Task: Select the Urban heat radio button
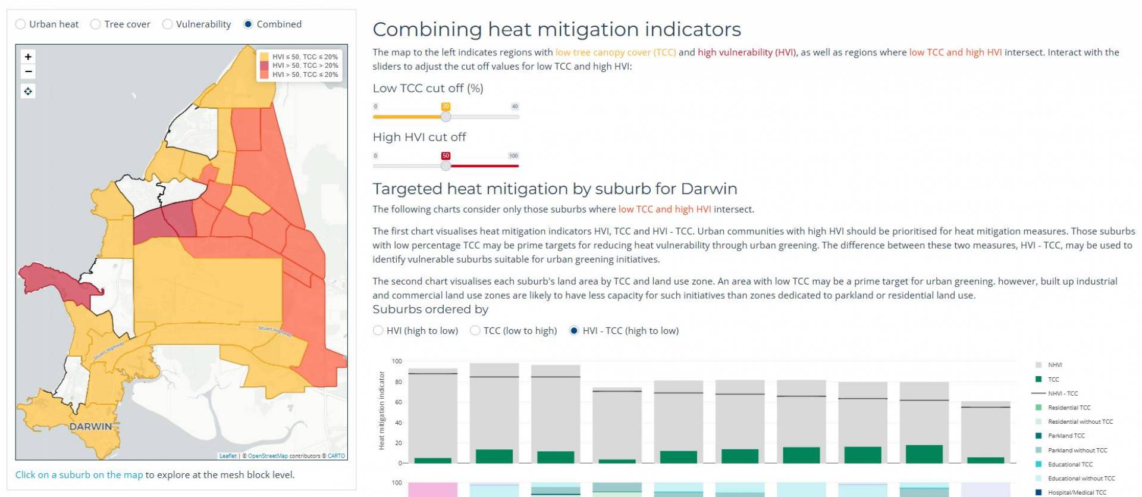21,24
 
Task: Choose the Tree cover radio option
95,24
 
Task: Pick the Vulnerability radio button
168,24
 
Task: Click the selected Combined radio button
248,24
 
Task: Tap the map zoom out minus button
28,72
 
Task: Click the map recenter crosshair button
28,91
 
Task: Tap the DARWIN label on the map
91,426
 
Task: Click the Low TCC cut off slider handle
445,117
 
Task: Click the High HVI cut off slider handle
445,165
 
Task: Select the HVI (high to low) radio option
378,330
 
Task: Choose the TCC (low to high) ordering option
475,330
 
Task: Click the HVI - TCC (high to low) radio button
574,330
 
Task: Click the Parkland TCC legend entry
1066,436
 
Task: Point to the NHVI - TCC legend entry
1062,393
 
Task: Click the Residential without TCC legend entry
1080,421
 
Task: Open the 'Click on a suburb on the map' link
79,474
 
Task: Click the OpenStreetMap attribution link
267,456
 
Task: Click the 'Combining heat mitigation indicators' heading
557,29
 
